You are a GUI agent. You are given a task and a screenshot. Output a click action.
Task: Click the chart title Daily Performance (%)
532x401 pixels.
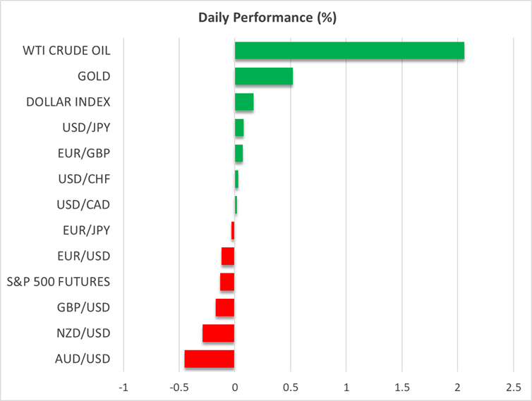pos(265,16)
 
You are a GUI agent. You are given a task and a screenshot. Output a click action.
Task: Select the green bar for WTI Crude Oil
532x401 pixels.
pos(349,51)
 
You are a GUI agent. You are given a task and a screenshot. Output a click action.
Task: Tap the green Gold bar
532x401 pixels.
pos(263,76)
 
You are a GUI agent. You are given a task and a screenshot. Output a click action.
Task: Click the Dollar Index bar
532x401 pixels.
pos(244,102)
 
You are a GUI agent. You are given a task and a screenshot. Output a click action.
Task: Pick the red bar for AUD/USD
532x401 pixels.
pos(210,359)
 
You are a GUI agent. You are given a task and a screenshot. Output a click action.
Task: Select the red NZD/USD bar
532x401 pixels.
pos(219,333)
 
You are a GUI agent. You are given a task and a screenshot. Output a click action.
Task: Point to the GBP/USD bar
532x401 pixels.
pos(225,307)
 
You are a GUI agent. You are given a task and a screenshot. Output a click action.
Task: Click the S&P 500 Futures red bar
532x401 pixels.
pos(227,282)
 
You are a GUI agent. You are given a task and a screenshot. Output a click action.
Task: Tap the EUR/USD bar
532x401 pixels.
pos(228,256)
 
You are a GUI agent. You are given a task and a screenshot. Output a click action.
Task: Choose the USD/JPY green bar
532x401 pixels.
pos(239,128)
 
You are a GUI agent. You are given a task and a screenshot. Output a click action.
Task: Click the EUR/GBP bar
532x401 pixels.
pos(238,153)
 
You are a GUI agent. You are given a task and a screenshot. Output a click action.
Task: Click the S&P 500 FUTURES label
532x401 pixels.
pos(59,282)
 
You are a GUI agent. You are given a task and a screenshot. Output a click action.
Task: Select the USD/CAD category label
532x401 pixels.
pos(84,205)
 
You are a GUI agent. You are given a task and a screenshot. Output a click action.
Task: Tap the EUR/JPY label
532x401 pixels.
pos(86,230)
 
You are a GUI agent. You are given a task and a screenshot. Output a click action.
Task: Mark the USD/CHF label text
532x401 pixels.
pos(84,179)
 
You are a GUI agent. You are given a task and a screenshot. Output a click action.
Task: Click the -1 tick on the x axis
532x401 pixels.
pos(123,388)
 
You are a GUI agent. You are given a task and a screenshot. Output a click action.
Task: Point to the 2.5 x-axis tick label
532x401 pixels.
pos(513,388)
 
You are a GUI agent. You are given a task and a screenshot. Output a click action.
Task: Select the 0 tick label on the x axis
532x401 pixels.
pos(235,388)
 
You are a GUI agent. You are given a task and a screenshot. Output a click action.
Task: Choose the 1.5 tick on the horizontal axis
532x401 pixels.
pos(401,388)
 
